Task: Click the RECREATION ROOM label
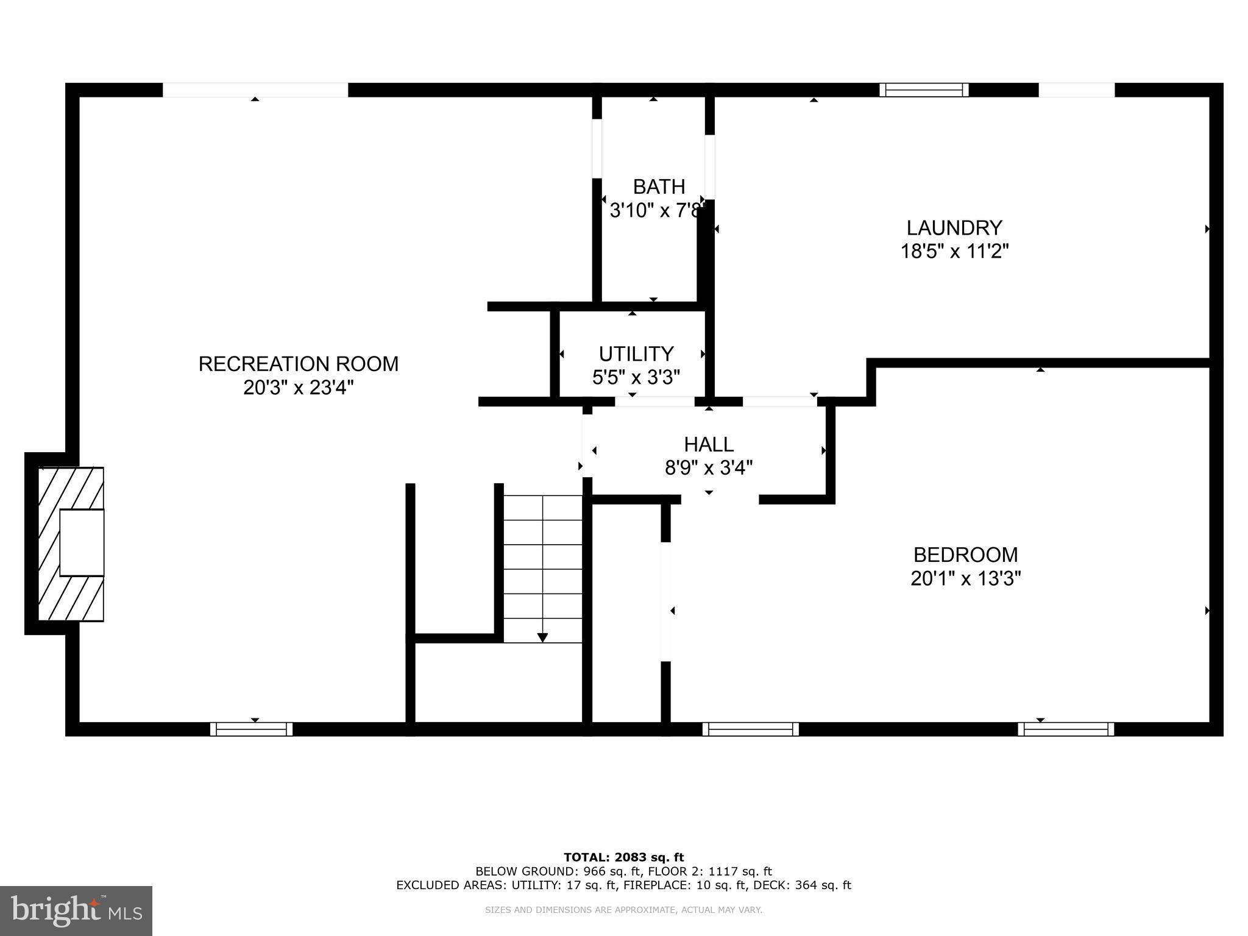[x=298, y=364]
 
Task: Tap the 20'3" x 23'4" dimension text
[x=298, y=388]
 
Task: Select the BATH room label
[x=659, y=186]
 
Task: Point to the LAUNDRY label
[x=954, y=228]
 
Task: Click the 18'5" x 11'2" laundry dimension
[x=954, y=251]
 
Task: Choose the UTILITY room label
[x=636, y=354]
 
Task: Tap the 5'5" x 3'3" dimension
[x=636, y=378]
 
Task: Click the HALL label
[x=708, y=444]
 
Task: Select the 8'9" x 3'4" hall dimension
[x=708, y=468]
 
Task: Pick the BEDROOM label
[x=965, y=555]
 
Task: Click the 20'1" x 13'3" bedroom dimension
[x=965, y=578]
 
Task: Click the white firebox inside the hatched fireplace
[x=82, y=542]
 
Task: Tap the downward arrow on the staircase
[x=542, y=637]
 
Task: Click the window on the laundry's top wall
[x=924, y=90]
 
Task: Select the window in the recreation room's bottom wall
[x=251, y=729]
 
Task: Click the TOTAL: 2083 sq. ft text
[x=623, y=857]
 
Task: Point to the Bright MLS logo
[x=76, y=911]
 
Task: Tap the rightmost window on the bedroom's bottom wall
[x=1065, y=729]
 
